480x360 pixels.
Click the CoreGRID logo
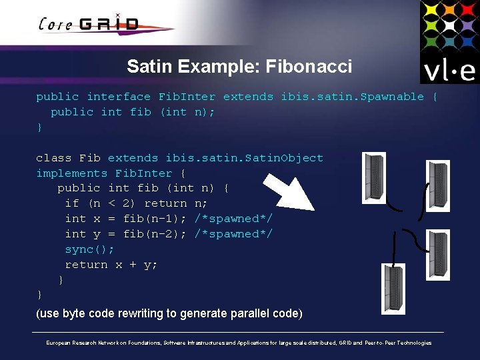pyautogui.click(x=90, y=25)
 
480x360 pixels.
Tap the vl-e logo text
pyautogui.click(x=447, y=71)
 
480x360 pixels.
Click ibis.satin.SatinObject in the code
pyautogui.click(x=244, y=158)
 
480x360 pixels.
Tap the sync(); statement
pyautogui.click(x=89, y=249)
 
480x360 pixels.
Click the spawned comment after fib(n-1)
pyautogui.click(x=233, y=219)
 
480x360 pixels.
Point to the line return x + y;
pyautogui.click(x=111, y=265)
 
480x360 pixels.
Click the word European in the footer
pyautogui.click(x=59, y=343)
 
